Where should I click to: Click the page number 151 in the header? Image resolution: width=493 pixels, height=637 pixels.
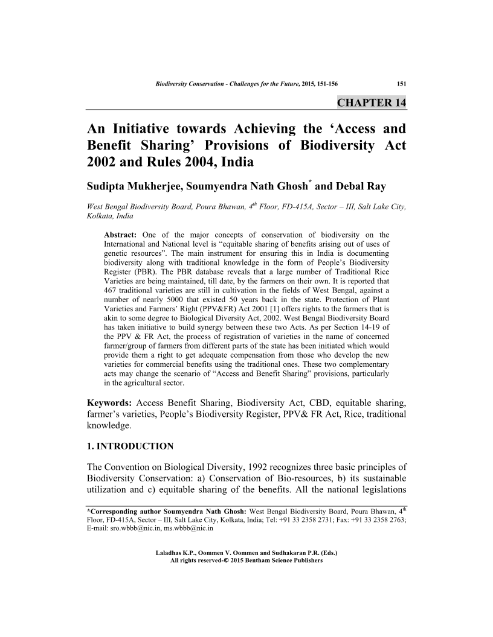click(400, 83)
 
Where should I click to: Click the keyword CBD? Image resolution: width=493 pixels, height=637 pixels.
click(300, 402)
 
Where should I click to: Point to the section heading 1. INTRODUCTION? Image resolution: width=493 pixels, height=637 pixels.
click(130, 446)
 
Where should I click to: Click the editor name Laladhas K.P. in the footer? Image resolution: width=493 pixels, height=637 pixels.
click(176, 553)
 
